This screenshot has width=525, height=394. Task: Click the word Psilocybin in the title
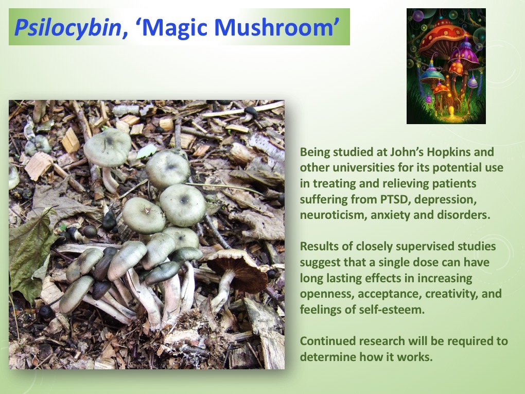pos(66,27)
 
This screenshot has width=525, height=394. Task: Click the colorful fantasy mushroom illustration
pos(446,66)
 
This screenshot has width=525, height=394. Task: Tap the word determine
pos(324,357)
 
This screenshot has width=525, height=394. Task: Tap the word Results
pos(317,247)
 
